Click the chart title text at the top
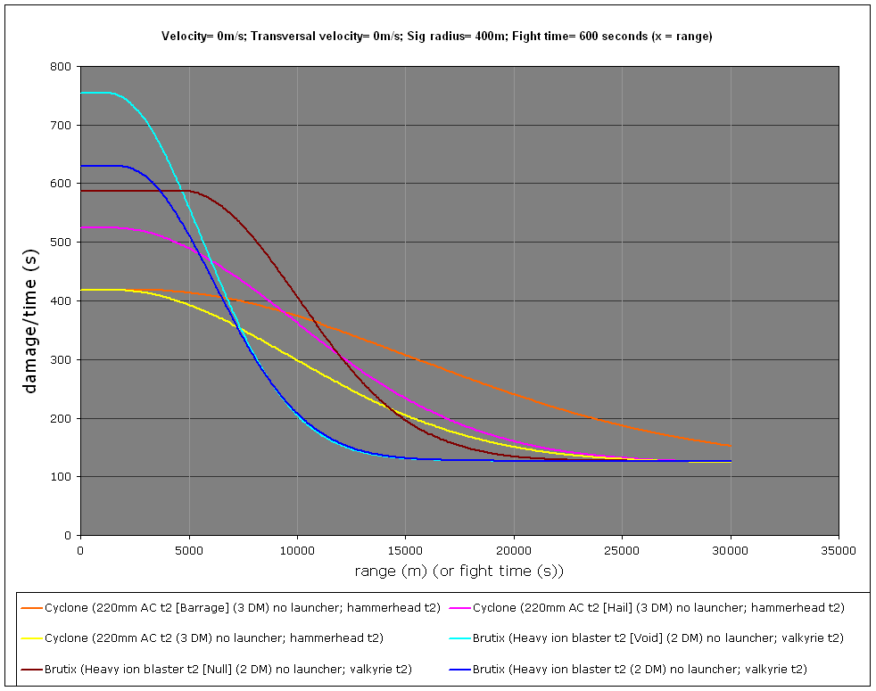coord(436,37)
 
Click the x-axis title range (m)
coord(459,571)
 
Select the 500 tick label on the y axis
coord(61,243)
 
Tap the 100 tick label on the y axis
coord(61,477)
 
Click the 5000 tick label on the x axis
coord(188,549)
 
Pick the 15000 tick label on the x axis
coord(405,549)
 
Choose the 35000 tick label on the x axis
coord(838,549)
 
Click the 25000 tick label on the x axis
coord(622,549)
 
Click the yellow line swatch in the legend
coord(32,638)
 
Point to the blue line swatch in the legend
coord(455,669)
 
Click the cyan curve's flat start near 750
coord(94,93)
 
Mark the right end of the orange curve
coord(730,445)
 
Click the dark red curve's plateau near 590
coord(134,191)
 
